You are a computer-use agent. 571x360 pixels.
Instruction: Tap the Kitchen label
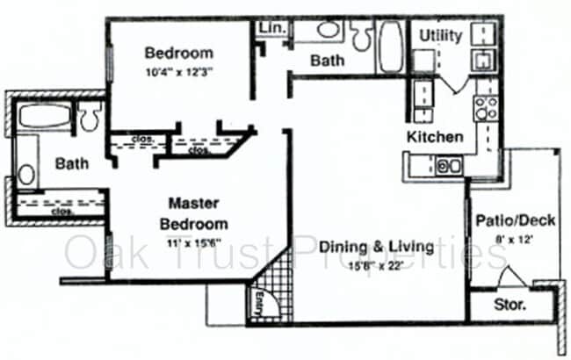[x=434, y=137]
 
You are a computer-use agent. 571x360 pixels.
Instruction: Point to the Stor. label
[x=510, y=306]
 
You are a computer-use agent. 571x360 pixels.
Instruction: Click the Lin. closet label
[x=270, y=28]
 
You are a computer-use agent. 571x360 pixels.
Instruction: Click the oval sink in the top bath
[x=328, y=29]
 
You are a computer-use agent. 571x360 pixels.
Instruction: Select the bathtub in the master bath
[x=44, y=118]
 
